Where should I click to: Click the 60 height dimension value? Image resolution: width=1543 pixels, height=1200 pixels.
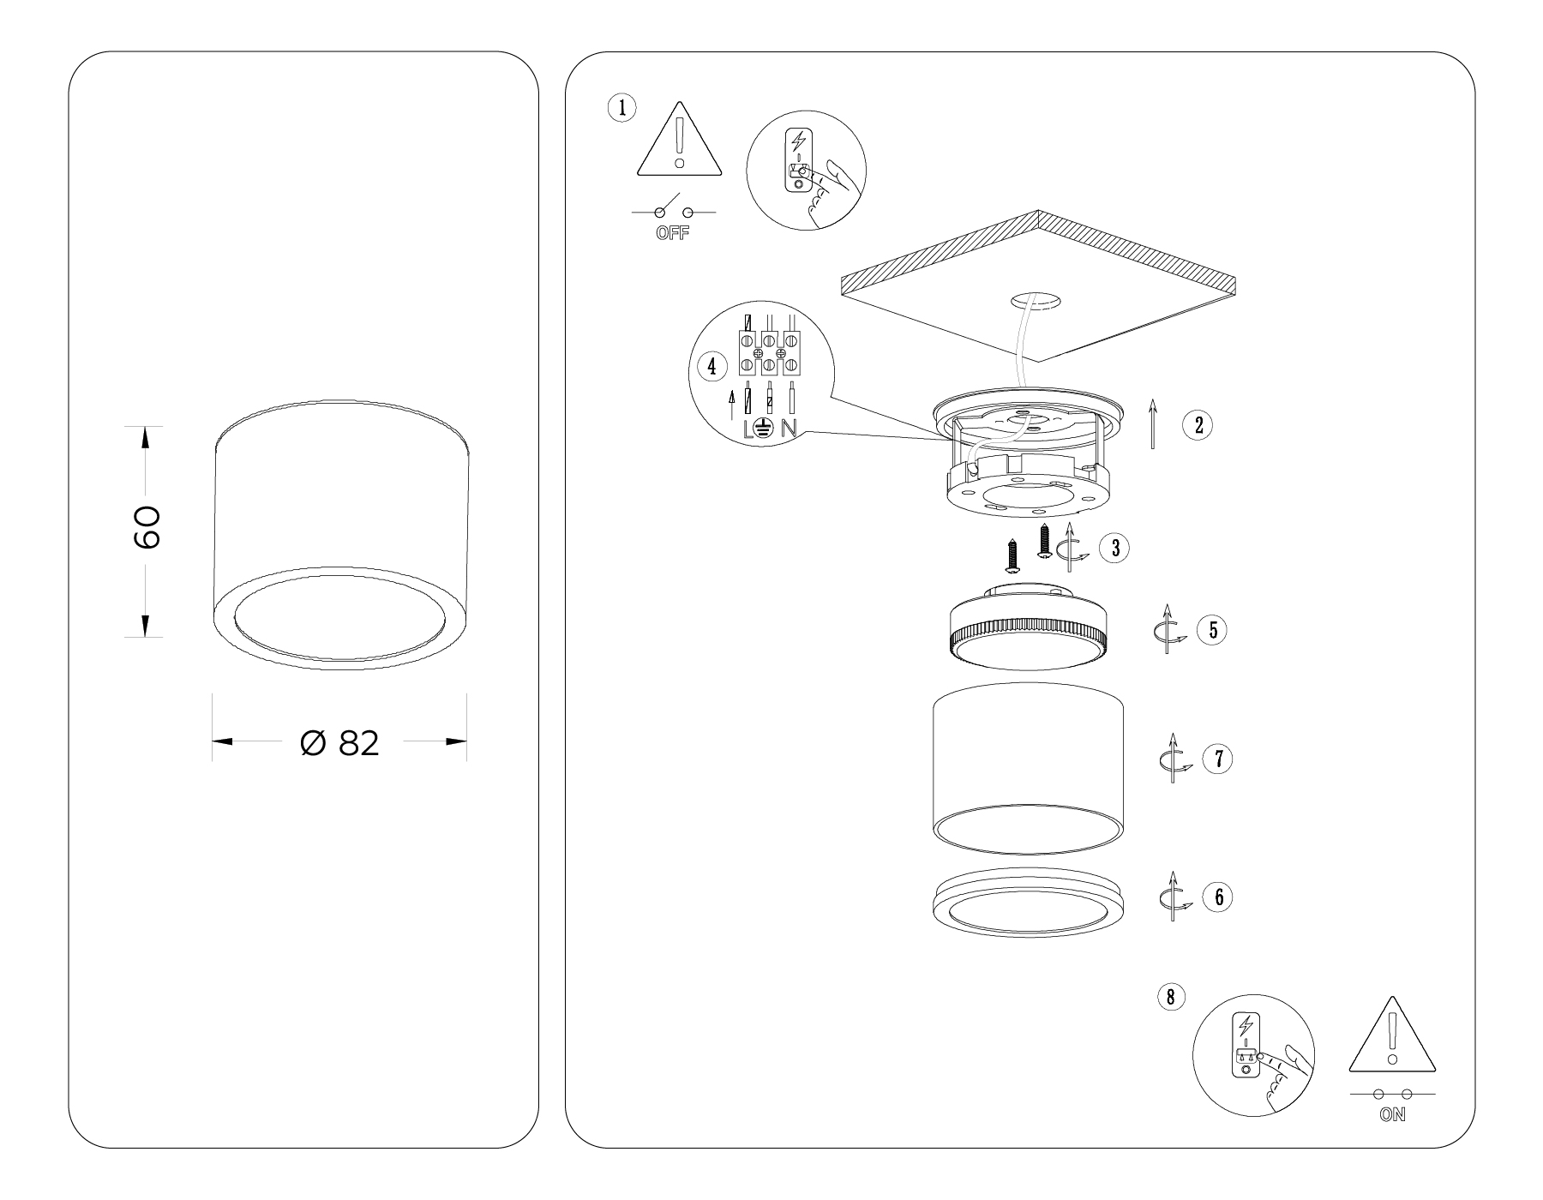(147, 527)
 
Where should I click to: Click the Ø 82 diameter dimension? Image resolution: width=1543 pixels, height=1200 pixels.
(340, 743)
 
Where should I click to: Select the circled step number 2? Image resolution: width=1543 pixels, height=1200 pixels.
(1198, 424)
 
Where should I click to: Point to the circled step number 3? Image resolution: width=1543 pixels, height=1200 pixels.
(1114, 548)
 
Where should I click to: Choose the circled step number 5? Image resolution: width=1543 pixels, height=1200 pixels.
(1212, 630)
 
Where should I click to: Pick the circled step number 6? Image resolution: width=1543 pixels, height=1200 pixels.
(1217, 897)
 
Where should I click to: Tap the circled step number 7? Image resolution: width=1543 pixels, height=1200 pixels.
(1217, 759)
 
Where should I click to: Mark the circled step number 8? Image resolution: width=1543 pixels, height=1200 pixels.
(1171, 996)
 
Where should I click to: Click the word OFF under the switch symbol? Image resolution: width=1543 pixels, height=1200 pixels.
(673, 234)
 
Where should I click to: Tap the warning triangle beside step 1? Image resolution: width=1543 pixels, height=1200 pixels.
(680, 142)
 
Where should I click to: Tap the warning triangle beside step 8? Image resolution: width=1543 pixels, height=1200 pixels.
(1392, 1038)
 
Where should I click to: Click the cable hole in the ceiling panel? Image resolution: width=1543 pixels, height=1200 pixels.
(1036, 300)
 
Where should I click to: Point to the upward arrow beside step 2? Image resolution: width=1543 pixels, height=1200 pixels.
(1153, 423)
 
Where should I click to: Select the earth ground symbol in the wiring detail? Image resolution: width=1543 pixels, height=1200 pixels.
(765, 429)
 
